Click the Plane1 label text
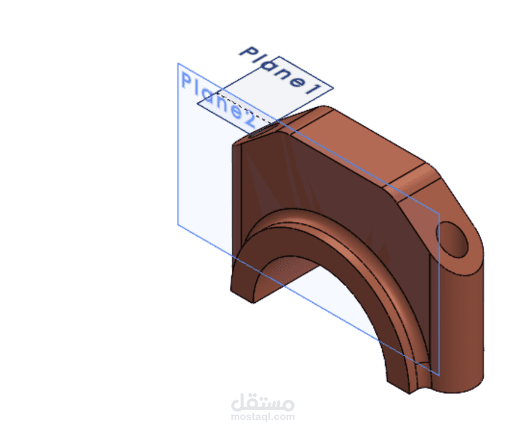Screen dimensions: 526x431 (x=280, y=70)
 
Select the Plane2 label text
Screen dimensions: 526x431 (x=219, y=100)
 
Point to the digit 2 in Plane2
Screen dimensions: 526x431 (x=247, y=119)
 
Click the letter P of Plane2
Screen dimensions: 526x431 (x=186, y=81)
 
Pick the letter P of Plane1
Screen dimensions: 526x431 (x=248, y=52)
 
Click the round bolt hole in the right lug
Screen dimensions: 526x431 (x=452, y=239)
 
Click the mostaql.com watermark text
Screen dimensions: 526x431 (x=263, y=417)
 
